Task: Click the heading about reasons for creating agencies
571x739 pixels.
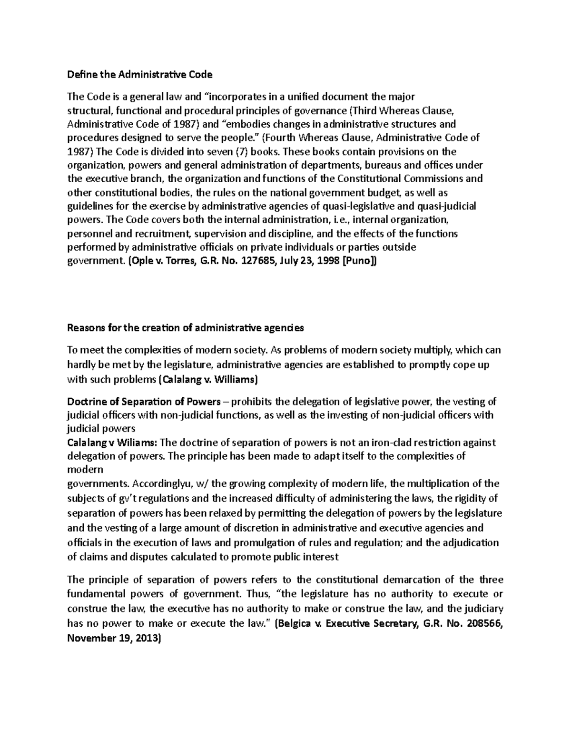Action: coord(185,328)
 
